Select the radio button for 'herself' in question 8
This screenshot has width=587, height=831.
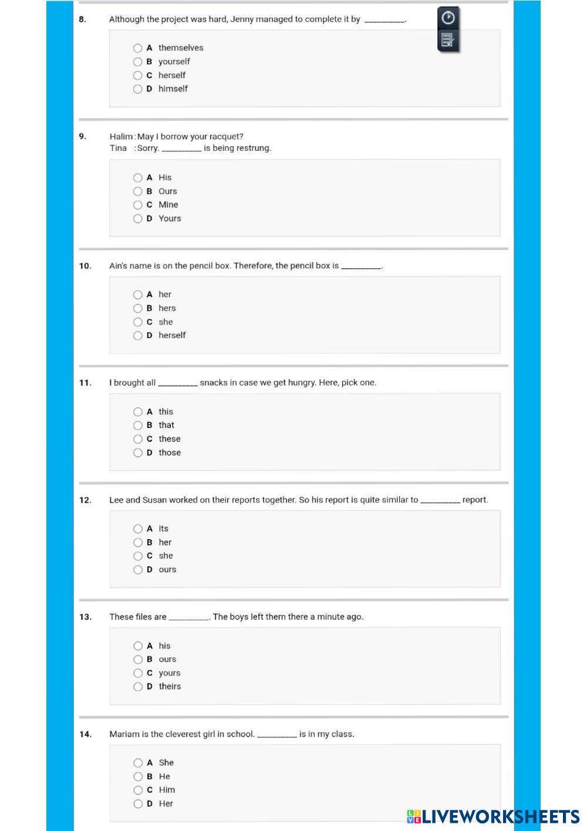coord(137,75)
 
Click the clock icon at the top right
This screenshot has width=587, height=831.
coord(448,18)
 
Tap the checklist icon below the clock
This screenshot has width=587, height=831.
coord(447,40)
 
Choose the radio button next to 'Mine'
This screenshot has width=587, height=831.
coord(137,205)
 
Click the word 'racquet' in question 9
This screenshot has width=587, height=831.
coord(226,137)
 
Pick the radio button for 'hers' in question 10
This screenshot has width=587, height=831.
coord(137,308)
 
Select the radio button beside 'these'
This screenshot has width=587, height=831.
coord(137,439)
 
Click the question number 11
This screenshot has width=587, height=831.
coord(85,383)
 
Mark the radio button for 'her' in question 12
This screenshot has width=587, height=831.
coord(137,543)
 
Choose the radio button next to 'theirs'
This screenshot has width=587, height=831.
coord(137,687)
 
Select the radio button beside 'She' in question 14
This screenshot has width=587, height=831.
coord(137,763)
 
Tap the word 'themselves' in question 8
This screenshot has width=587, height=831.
coord(181,48)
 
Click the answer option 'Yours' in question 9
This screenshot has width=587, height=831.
coord(170,218)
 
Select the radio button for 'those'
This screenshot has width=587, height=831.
coord(137,453)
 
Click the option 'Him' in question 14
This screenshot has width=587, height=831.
coord(167,790)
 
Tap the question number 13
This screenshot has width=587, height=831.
coord(85,617)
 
